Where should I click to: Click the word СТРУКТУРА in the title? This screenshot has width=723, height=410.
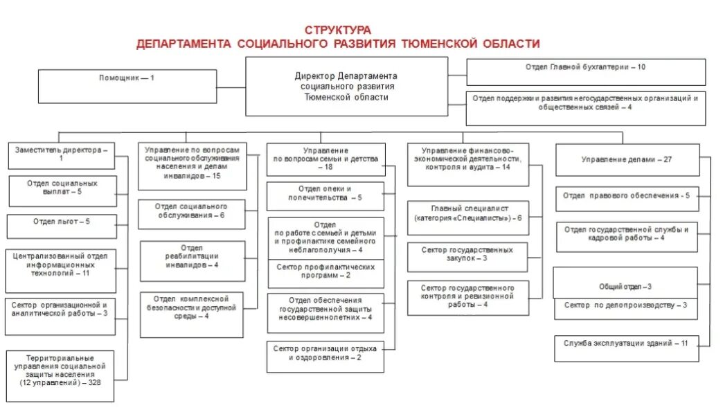coord(337,30)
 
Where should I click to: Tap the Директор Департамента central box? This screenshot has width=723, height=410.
coord(346,87)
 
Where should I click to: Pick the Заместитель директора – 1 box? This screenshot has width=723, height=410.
coord(61,154)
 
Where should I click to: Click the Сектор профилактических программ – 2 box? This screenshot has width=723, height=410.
coord(325,271)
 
